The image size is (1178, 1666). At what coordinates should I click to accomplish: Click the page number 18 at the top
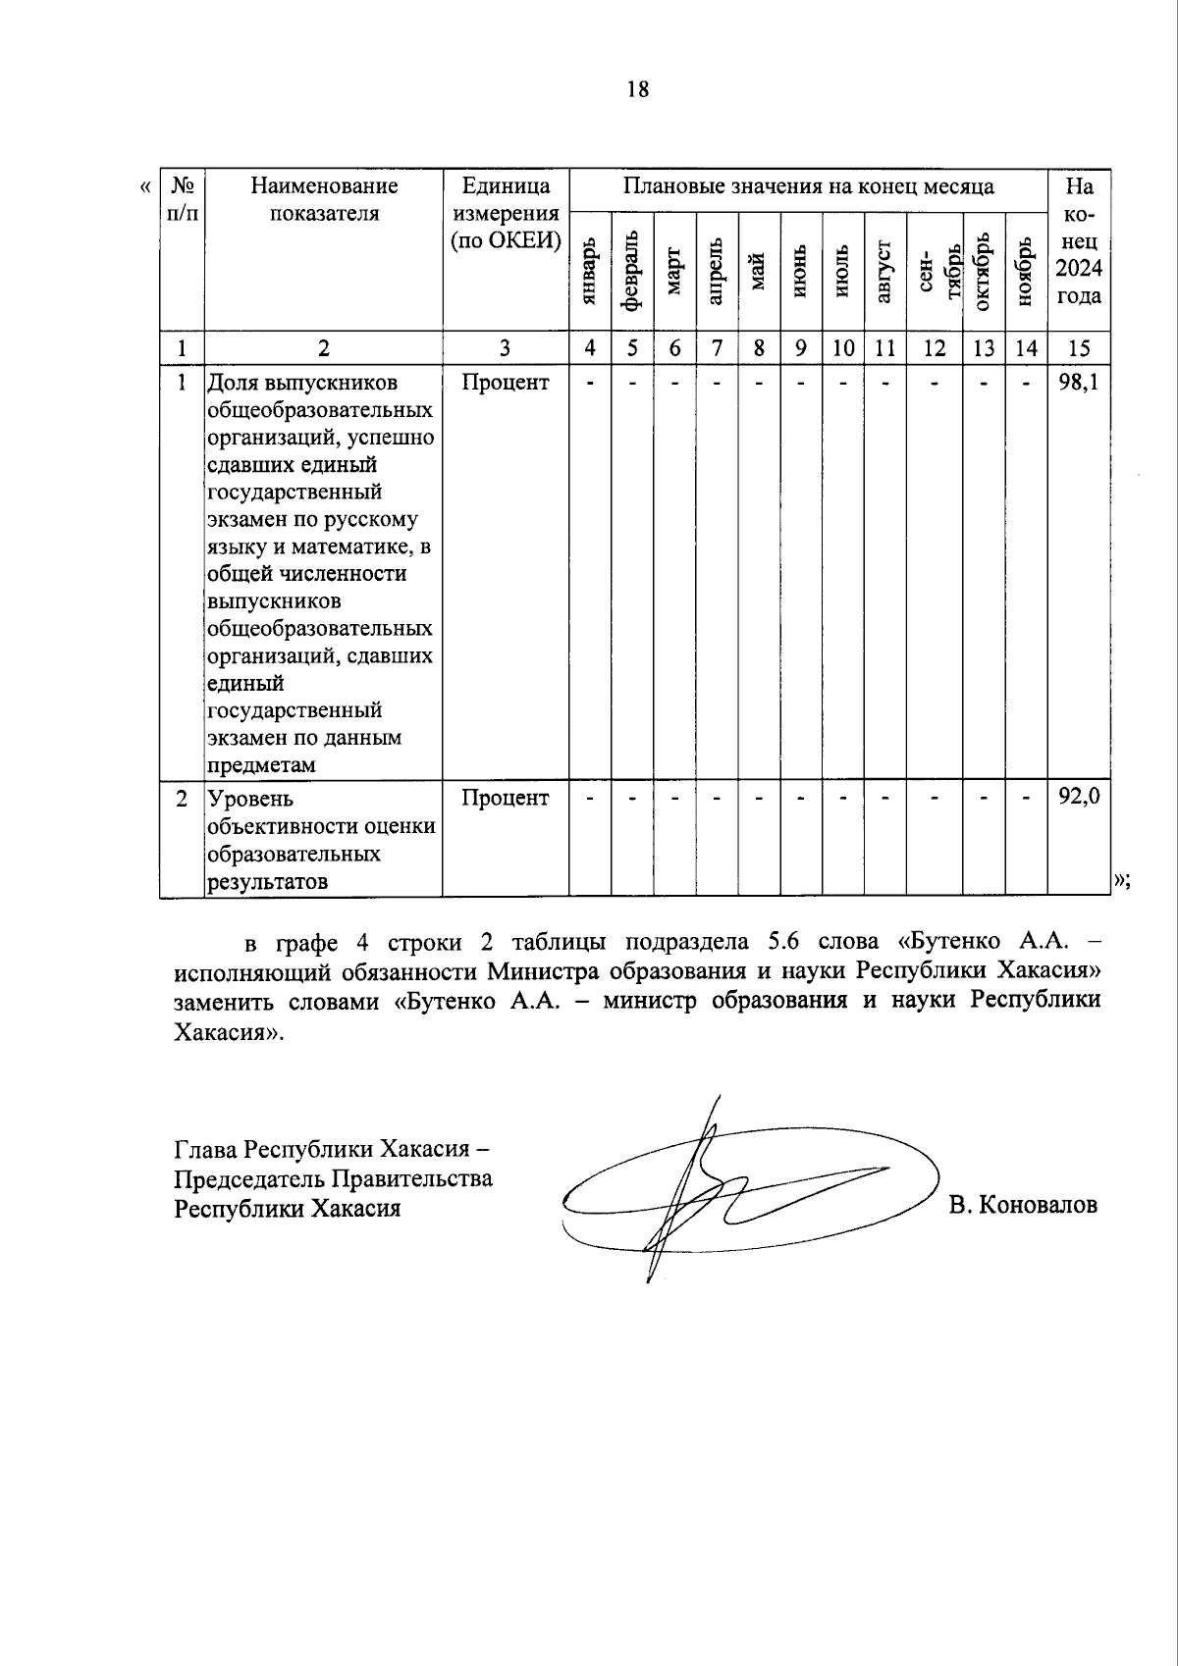637,89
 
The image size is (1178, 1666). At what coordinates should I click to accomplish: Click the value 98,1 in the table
1078,382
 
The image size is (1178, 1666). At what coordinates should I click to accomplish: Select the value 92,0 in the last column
1078,798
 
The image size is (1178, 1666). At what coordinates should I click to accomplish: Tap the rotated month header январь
590,271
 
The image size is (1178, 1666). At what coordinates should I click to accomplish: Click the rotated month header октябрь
984,271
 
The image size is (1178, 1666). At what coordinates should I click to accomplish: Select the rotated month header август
884,271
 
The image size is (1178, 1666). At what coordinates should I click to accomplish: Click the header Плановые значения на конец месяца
808,186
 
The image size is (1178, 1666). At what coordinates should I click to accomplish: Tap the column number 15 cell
1078,347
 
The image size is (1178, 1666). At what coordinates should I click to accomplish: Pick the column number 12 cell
935,347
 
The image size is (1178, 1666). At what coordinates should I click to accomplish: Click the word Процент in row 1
505,382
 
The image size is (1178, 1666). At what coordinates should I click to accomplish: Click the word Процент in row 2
505,798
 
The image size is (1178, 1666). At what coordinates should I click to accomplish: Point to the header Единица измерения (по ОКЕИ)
505,213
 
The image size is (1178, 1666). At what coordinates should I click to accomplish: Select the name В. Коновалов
1023,1205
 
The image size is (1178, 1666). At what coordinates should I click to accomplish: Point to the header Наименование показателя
324,199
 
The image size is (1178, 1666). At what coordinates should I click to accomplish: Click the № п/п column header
183,199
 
